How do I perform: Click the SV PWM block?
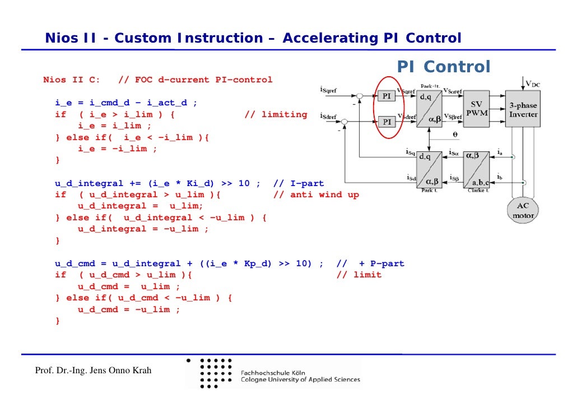(x=476, y=109)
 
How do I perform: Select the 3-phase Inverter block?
(x=523, y=109)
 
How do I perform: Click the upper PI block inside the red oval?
(x=387, y=96)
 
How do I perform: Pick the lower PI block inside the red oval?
(x=387, y=121)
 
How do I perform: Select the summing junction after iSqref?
(x=360, y=96)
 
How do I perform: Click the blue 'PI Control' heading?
(x=444, y=67)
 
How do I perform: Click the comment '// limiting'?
(x=276, y=114)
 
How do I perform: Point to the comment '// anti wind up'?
(x=316, y=194)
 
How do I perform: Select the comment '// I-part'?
(x=298, y=183)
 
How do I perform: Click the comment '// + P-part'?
(x=370, y=263)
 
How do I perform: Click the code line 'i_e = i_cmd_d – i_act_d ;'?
(x=126, y=103)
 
